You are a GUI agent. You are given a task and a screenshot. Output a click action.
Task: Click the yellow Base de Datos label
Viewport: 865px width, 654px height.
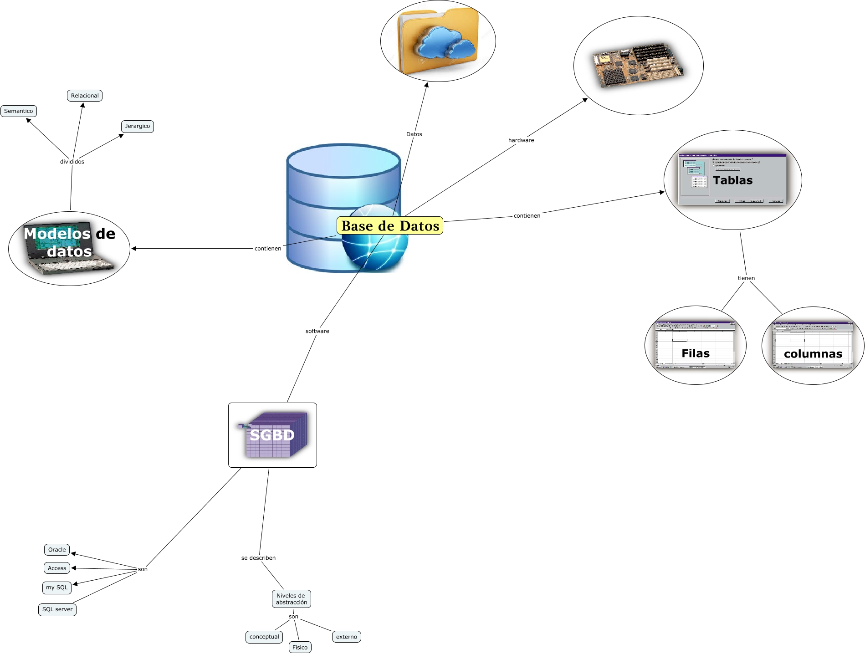(x=390, y=226)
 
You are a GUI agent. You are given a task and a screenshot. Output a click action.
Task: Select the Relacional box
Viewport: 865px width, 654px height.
(x=85, y=96)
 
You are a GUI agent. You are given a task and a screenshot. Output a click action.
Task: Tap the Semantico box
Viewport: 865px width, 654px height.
(x=19, y=111)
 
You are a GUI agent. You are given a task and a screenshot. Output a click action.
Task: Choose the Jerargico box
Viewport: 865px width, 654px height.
(x=137, y=126)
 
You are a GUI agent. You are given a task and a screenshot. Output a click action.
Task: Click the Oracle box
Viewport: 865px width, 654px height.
(x=57, y=550)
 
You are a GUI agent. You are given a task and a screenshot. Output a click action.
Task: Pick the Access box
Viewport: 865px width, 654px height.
(x=57, y=568)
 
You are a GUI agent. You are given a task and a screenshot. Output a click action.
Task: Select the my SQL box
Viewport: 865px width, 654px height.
(x=57, y=588)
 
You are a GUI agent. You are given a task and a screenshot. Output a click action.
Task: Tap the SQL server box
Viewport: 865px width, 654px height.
(x=57, y=609)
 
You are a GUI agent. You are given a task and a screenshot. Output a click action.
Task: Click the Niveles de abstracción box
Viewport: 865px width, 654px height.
(x=292, y=599)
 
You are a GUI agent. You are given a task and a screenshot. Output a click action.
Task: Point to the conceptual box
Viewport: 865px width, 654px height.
(x=264, y=637)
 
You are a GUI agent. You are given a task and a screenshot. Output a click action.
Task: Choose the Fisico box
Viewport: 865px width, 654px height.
(x=300, y=647)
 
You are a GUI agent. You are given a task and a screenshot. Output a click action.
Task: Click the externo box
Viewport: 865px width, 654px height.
(x=347, y=637)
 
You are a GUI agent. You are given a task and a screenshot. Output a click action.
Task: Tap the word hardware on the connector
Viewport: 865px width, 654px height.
(x=521, y=140)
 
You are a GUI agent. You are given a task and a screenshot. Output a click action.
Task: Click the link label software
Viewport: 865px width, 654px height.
(x=317, y=331)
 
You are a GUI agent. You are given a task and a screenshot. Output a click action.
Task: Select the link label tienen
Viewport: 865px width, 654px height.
(x=746, y=278)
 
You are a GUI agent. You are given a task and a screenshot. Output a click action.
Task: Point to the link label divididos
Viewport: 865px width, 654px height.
(x=72, y=162)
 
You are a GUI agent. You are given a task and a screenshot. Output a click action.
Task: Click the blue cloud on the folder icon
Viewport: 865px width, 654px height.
(x=444, y=43)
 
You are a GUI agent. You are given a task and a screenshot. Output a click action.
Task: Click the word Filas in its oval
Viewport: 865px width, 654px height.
(x=696, y=353)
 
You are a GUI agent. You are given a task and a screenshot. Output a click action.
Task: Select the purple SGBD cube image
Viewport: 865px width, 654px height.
(x=273, y=435)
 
